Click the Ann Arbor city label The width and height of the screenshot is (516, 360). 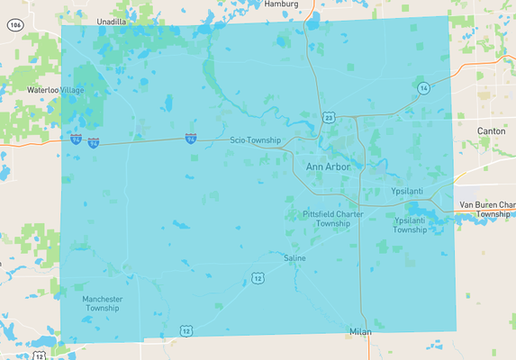point(328,167)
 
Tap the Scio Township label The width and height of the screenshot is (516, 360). point(255,140)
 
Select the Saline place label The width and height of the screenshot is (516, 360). point(294,258)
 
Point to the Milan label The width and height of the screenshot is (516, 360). point(360,332)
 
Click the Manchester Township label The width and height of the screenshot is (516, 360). point(102,303)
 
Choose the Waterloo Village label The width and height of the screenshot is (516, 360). point(56,90)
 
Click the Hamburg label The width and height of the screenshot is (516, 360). point(281,4)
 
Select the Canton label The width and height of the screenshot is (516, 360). point(491,131)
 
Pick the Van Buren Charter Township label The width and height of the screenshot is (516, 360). point(486,210)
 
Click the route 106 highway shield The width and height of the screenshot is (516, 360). point(14,25)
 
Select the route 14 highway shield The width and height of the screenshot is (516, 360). point(423,87)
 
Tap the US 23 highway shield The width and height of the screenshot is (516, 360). point(330,117)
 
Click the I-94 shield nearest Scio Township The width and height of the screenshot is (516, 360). point(191,138)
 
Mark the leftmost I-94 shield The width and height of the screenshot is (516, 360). point(77,139)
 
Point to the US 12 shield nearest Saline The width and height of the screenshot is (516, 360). point(258,277)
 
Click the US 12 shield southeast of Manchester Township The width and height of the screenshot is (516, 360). point(185,331)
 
